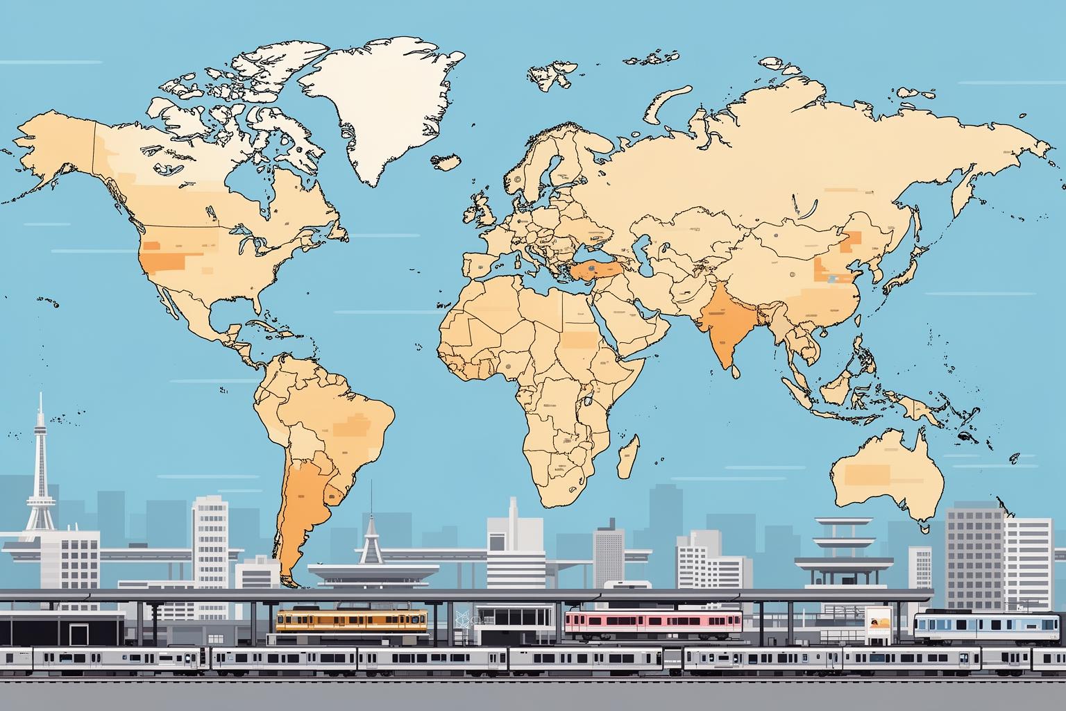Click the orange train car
(x=352, y=619)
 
